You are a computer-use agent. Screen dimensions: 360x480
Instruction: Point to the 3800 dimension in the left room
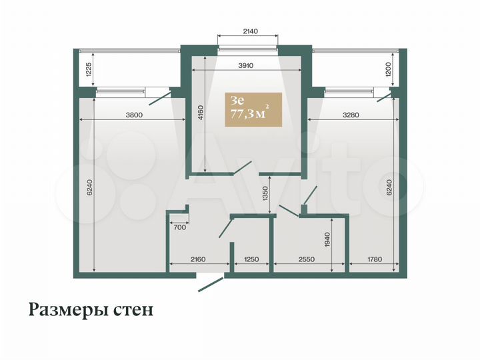133,115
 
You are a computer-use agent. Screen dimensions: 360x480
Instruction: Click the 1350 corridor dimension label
265,194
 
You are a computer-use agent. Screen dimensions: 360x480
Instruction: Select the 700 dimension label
179,227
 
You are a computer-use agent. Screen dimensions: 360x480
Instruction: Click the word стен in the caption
136,311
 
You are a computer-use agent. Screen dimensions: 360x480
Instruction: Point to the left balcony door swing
161,98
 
